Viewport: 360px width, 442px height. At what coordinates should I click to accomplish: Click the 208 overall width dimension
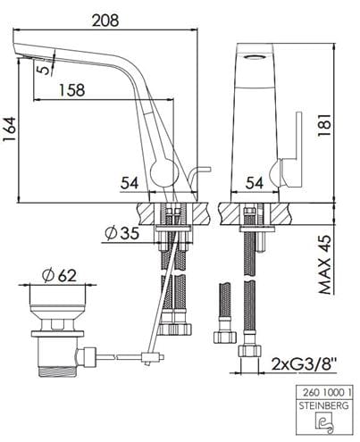pyautogui.click(x=105, y=21)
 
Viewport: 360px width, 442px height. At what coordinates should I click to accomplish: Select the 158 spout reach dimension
pyautogui.click(x=71, y=90)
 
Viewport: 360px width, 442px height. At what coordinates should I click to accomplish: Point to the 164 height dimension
pyautogui.click(x=9, y=129)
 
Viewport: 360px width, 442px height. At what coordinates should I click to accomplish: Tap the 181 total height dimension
pyautogui.click(x=324, y=125)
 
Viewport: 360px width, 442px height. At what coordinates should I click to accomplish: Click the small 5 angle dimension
pyautogui.click(x=44, y=70)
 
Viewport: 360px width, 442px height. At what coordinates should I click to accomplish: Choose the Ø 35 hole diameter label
pyautogui.click(x=122, y=233)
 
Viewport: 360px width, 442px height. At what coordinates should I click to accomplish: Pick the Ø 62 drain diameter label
pyautogui.click(x=59, y=276)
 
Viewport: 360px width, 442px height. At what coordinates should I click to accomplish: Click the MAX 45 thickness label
pyautogui.click(x=324, y=264)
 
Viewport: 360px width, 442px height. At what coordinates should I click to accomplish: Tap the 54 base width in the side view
pyautogui.click(x=130, y=183)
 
